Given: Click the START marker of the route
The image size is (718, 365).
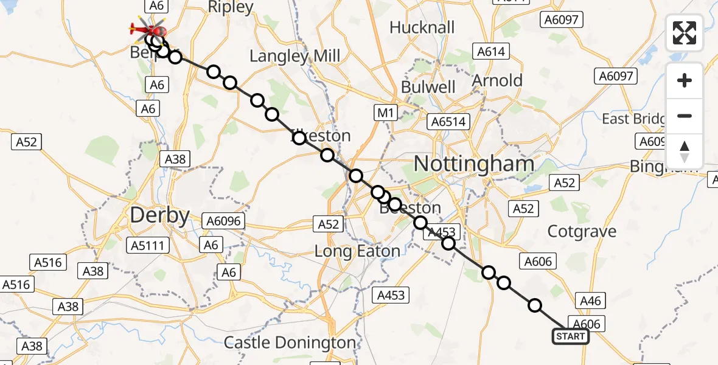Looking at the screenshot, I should pos(570,336).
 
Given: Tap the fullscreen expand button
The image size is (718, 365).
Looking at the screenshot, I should pos(685,33).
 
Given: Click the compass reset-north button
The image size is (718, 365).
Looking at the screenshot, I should pos(685,151).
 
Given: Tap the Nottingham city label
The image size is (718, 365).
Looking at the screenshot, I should pos(474,164).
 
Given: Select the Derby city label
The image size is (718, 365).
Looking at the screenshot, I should pos(159,215).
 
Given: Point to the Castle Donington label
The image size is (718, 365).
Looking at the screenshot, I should pos(290,342).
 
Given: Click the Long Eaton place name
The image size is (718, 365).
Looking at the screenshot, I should pos(357,251).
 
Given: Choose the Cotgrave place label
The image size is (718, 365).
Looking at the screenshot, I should pos(582,231).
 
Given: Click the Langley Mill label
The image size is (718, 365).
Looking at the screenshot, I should pos(295,57).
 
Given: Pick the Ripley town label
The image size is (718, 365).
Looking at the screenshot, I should pos(231,7).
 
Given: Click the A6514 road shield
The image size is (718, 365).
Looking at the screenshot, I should pos(448,122).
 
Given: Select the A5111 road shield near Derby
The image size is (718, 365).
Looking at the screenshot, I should pos(149,245).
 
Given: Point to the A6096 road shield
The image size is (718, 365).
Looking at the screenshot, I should pos(224,221).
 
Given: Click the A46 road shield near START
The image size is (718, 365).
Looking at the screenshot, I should pos(590,299).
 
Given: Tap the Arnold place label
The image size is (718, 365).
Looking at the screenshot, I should pos(497,80).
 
